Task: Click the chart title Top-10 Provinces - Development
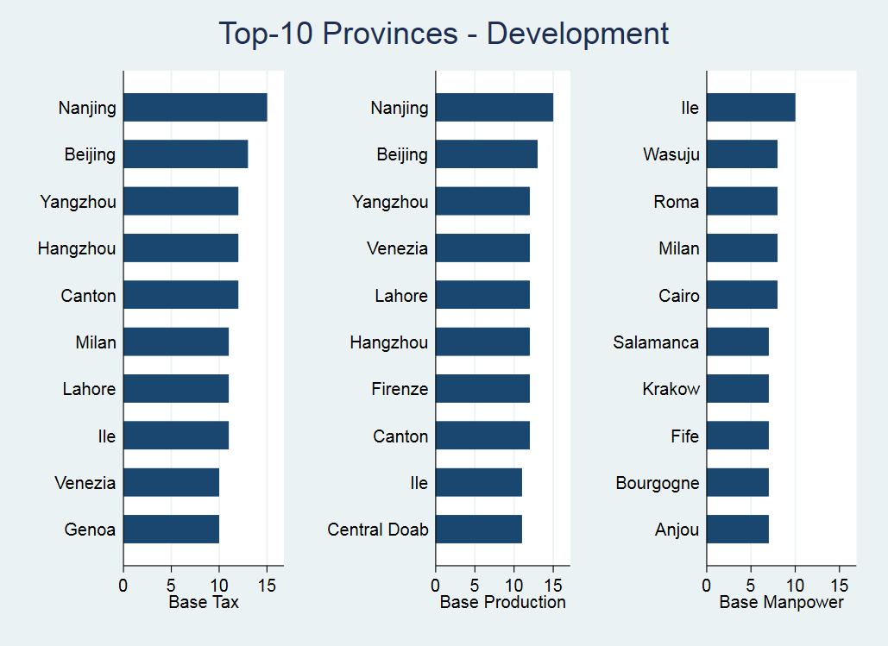pyautogui.click(x=444, y=34)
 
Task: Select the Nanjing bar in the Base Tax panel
pyautogui.click(x=195, y=108)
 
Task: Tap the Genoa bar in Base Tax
pyautogui.click(x=171, y=529)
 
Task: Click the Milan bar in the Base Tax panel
pyautogui.click(x=176, y=342)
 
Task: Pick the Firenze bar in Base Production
pyautogui.click(x=482, y=389)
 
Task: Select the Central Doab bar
pyautogui.click(x=479, y=529)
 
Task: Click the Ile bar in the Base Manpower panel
pyautogui.click(x=751, y=108)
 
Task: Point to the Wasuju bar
pyautogui.click(x=742, y=155)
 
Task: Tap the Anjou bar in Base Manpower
pyautogui.click(x=738, y=529)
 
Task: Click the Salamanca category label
pyautogui.click(x=656, y=342)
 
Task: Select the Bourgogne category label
pyautogui.click(x=658, y=483)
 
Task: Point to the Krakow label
pyautogui.click(x=671, y=389)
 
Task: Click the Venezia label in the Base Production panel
pyautogui.click(x=397, y=249)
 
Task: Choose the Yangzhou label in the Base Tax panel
pyautogui.click(x=78, y=203)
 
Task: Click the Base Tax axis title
pyautogui.click(x=204, y=602)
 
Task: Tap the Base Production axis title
pyautogui.click(x=503, y=602)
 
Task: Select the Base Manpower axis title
pyautogui.click(x=782, y=602)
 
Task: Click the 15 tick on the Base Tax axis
pyautogui.click(x=268, y=584)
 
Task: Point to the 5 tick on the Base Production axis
pyautogui.click(x=475, y=584)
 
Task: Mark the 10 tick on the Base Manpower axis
pyautogui.click(x=796, y=584)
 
